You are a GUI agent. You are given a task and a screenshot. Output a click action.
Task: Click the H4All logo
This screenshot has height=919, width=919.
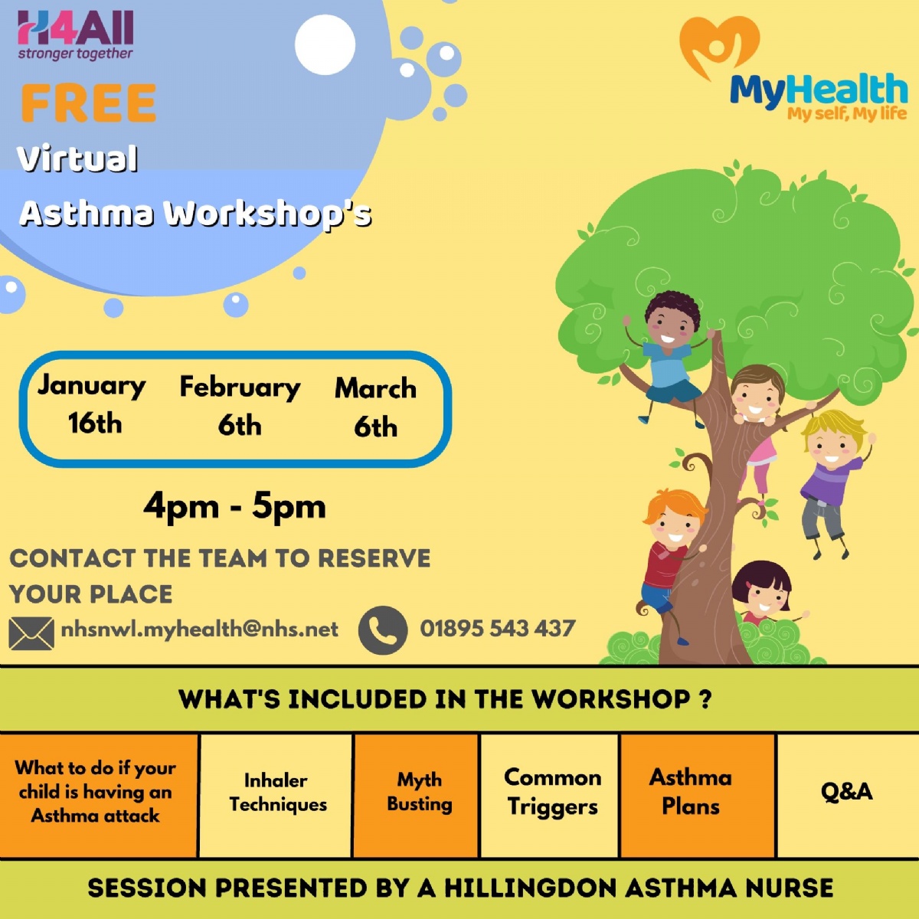point(75,35)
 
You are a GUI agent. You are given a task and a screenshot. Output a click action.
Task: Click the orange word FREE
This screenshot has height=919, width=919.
point(88,103)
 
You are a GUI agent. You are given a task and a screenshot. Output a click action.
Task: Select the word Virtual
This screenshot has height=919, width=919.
point(77,159)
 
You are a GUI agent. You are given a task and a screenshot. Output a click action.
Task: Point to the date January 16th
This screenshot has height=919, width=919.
point(93,404)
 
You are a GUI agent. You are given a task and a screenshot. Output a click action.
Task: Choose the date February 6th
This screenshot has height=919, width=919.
point(240,406)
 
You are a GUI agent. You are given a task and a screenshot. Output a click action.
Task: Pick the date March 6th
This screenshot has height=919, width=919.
point(375,407)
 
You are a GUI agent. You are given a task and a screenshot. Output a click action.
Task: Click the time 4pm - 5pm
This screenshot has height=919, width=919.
point(234,506)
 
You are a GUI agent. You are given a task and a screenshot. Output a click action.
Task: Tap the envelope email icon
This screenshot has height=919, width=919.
point(31,633)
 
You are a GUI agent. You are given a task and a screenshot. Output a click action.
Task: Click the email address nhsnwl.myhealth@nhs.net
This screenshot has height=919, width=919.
point(199,630)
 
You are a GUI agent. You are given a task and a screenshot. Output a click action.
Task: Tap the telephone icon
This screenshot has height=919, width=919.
point(382,630)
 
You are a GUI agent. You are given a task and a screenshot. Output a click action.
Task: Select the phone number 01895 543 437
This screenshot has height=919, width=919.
point(497,629)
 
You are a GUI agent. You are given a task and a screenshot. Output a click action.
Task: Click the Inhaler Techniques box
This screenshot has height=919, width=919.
point(276,794)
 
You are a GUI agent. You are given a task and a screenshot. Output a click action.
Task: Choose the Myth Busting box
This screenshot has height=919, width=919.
point(418,794)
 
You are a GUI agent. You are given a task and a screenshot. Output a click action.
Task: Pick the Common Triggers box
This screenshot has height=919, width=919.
point(551,794)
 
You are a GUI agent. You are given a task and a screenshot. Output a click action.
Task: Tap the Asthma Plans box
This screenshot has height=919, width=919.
point(691,794)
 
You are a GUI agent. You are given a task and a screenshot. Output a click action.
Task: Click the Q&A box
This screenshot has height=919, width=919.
point(846,794)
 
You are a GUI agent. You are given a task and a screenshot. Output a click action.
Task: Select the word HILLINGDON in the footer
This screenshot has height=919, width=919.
point(530,888)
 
